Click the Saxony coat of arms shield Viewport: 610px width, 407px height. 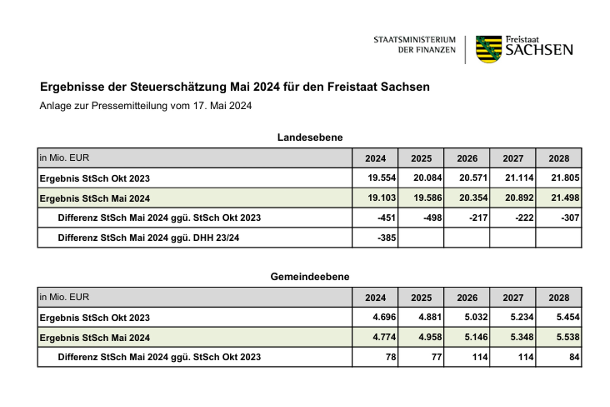coord(489,49)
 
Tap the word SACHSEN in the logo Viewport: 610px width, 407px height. coord(539,50)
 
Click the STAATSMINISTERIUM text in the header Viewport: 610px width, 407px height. coord(415,40)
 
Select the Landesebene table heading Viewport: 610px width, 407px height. coord(310,137)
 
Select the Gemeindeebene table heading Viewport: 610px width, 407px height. coord(310,276)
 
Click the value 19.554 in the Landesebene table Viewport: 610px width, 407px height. coord(381,178)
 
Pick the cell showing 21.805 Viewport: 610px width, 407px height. coord(565,178)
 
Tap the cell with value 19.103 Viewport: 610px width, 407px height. coord(381,198)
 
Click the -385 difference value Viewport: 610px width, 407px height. coord(387,238)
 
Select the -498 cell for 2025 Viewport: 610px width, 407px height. coord(432,218)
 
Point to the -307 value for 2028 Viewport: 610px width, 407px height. coord(570,218)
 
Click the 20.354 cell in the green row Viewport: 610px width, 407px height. coord(473,198)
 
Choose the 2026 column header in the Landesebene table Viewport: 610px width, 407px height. coord(467,158)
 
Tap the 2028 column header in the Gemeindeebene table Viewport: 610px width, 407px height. coord(559,298)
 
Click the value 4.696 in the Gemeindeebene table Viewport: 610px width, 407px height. coord(384,317)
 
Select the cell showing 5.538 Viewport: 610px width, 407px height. coord(568,337)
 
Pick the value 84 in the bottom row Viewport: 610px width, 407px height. coord(574,357)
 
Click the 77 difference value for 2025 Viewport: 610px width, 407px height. coord(436,357)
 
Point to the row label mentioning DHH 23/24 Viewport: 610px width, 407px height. coord(148,238)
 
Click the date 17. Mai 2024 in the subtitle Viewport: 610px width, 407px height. coord(222,106)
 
